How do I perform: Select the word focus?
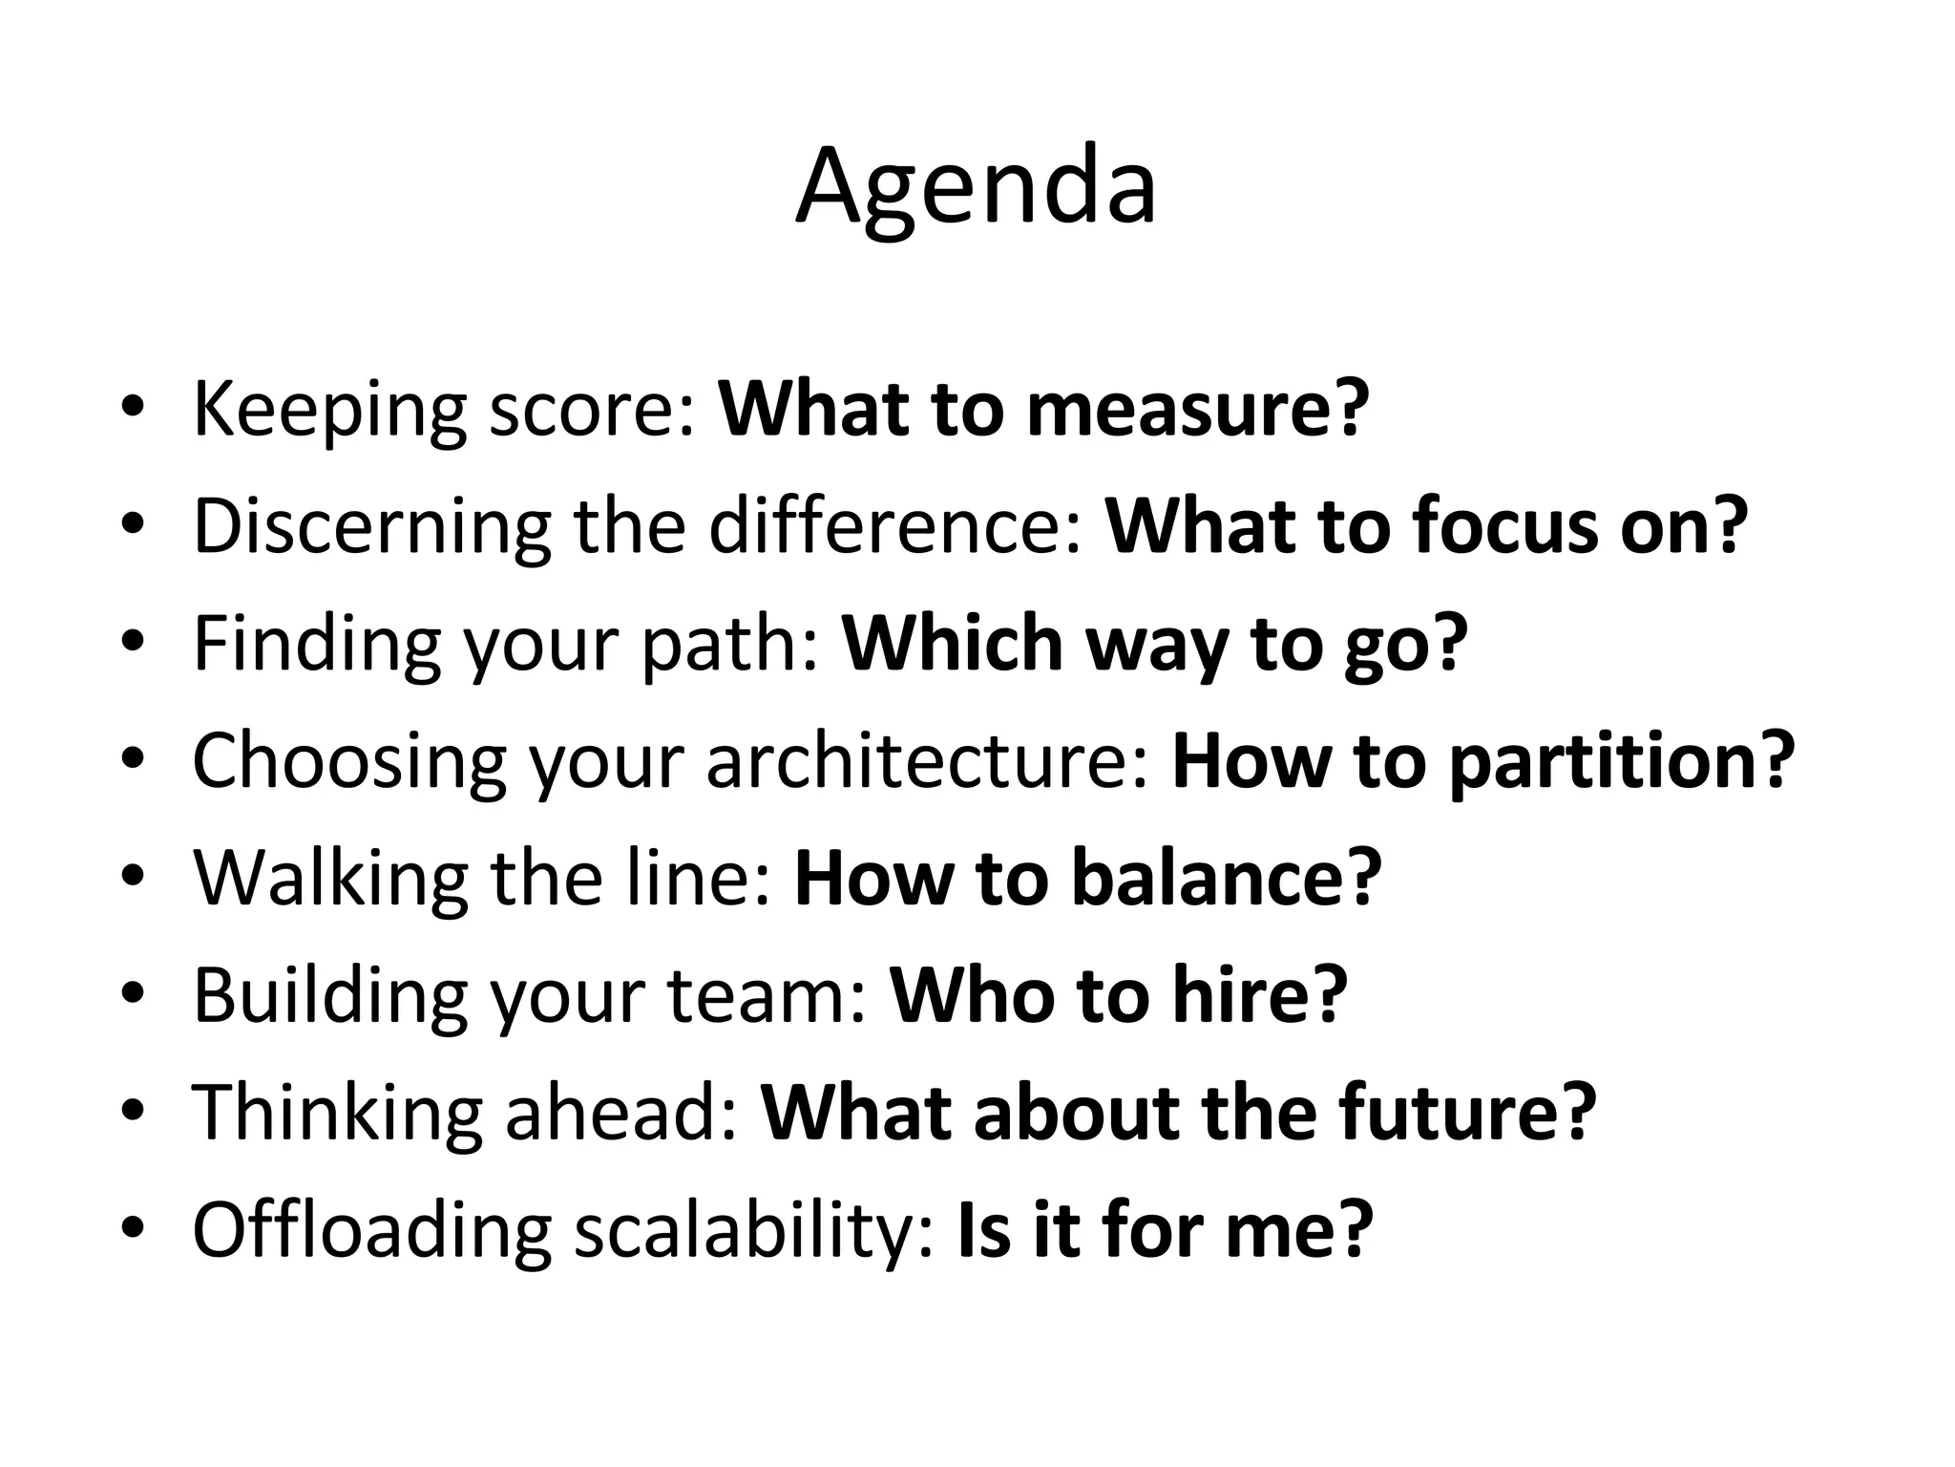tap(1507, 526)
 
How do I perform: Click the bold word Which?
tap(952, 644)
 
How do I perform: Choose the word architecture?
tap(926, 761)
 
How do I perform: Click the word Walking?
tap(330, 879)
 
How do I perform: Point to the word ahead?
tap(620, 1113)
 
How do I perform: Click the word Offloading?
tap(372, 1230)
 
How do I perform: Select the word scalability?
tap(754, 1230)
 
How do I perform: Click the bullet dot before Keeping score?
tap(133, 408)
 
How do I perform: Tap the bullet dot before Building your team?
tap(133, 995)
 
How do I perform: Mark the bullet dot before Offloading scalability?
tap(133, 1229)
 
